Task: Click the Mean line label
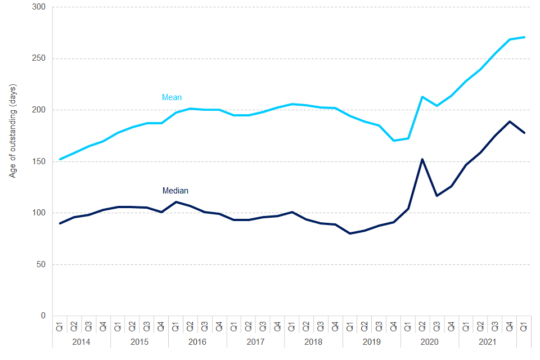(172, 97)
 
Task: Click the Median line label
(175, 191)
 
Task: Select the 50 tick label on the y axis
(43, 264)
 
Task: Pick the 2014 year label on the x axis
(82, 341)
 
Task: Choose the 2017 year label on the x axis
(255, 341)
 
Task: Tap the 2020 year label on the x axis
(430, 341)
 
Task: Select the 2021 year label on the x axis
(488, 341)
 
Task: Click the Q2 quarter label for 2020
(422, 326)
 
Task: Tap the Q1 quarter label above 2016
(176, 326)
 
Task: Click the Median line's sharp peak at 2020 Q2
(422, 159)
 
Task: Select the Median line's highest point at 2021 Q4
(510, 121)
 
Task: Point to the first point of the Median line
(60, 223)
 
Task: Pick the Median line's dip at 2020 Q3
(437, 196)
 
